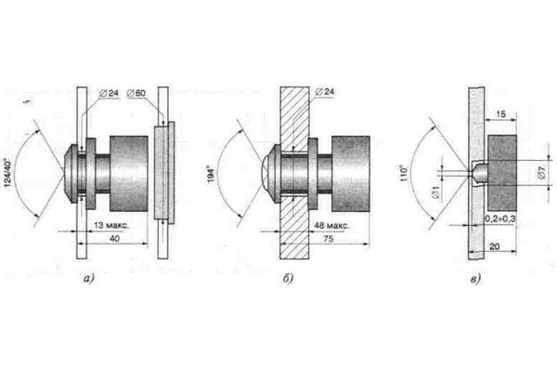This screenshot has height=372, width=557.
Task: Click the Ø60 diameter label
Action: [x=136, y=93]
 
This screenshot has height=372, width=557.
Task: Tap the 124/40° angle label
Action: [x=8, y=173]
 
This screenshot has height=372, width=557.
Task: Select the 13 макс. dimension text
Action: [x=111, y=225]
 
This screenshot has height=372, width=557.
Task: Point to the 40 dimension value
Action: [x=114, y=238]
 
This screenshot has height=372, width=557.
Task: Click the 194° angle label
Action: [x=212, y=175]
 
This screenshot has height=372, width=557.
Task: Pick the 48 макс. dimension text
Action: [x=331, y=226]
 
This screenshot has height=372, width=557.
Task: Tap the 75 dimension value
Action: [x=329, y=239]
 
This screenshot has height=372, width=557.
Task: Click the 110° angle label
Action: [x=404, y=173]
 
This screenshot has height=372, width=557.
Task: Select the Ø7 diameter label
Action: [x=541, y=173]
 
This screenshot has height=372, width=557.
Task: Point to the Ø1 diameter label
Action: [x=437, y=192]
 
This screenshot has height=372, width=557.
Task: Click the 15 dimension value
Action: [x=500, y=114]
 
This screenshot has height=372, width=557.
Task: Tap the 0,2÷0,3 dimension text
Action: [x=500, y=219]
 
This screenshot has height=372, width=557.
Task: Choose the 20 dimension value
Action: [x=495, y=246]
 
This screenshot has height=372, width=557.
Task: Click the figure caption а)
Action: [x=89, y=279]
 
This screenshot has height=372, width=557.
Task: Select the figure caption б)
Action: [x=288, y=279]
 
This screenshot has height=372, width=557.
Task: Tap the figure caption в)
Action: [x=475, y=279]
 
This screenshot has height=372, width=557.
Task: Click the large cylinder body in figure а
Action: [x=129, y=174]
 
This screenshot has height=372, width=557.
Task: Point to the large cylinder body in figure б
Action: [x=351, y=174]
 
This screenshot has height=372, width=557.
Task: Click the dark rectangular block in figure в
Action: [x=502, y=173]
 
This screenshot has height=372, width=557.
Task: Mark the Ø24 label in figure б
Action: [x=324, y=92]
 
